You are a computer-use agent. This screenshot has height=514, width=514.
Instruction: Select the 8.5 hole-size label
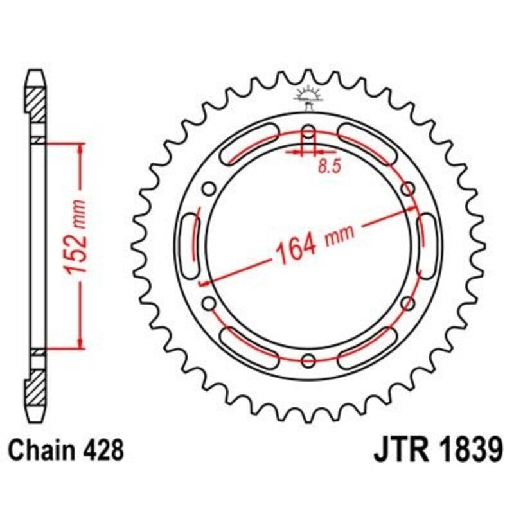click(x=328, y=166)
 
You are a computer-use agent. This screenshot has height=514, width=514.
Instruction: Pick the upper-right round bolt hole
click(x=407, y=189)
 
